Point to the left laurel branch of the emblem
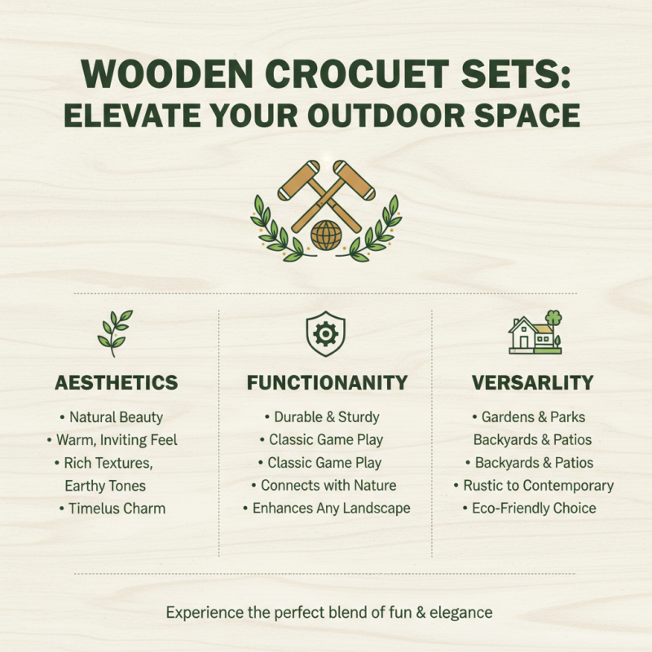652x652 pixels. pyautogui.click(x=271, y=231)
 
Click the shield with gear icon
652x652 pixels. pyautogui.click(x=325, y=333)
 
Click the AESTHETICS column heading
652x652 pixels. pyautogui.click(x=116, y=382)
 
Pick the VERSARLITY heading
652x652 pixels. pyautogui.click(x=533, y=382)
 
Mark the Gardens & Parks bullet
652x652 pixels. pyautogui.click(x=533, y=417)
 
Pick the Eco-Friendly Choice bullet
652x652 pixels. pyautogui.click(x=534, y=509)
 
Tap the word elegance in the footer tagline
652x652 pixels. pyautogui.click(x=460, y=612)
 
